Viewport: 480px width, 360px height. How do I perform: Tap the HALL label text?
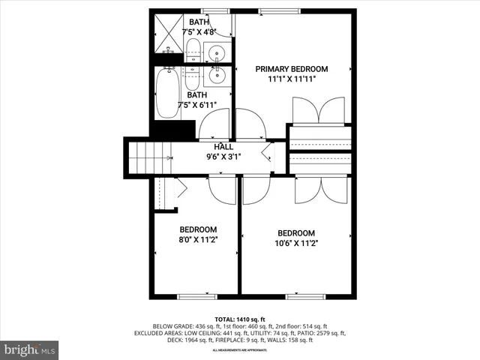tap(223, 147)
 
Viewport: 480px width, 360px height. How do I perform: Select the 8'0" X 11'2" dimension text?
tap(198, 241)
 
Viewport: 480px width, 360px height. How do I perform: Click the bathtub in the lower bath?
tap(167, 94)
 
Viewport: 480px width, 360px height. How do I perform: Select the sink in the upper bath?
tap(217, 52)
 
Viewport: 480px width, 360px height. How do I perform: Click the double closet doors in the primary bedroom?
tap(319, 112)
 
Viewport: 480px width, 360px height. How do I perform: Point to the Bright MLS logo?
tap(29, 349)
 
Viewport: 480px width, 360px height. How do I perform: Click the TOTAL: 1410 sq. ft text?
tap(240, 318)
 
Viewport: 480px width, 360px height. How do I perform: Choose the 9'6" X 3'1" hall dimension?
tap(223, 157)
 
